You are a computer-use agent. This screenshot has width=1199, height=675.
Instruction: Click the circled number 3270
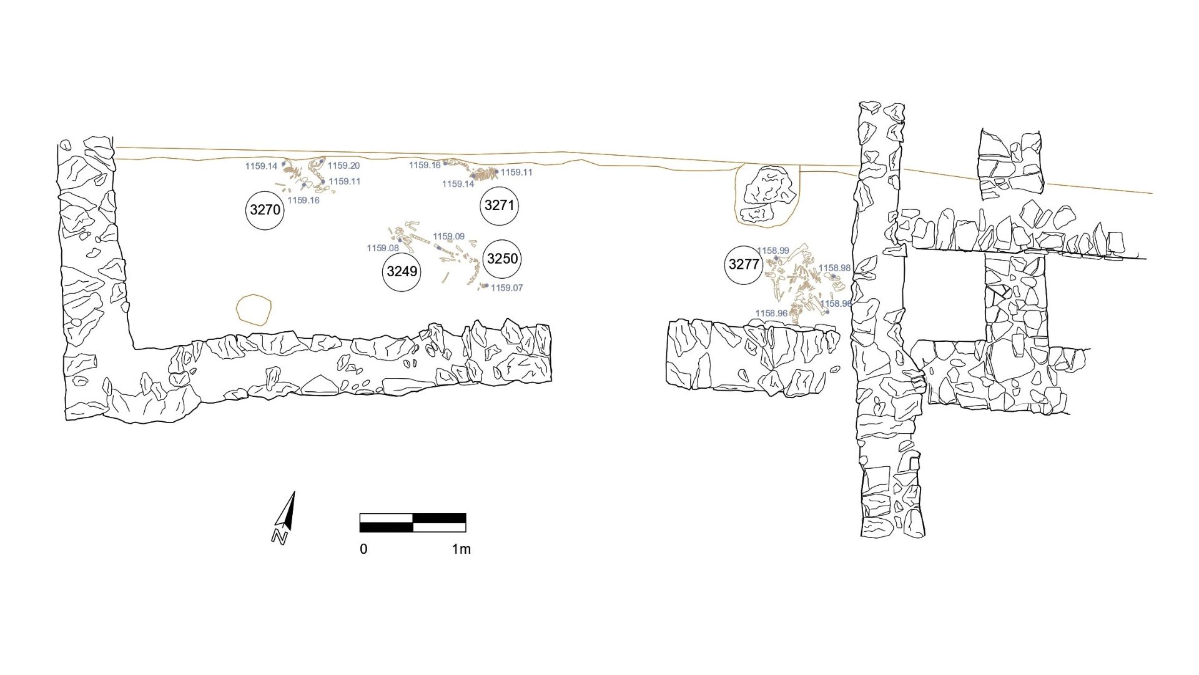pos(265,210)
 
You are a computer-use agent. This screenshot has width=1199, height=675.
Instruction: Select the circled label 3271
pos(500,205)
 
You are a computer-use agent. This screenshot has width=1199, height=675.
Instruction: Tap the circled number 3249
pos(402,272)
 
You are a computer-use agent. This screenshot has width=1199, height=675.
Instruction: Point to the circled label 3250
pos(503,259)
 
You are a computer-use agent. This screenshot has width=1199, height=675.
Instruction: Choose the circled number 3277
pos(744,264)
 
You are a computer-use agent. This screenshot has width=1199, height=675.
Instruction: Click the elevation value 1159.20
pos(343,166)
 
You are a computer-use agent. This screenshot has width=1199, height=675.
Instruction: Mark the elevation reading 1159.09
pos(449,236)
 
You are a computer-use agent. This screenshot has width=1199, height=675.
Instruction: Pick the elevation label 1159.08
pos(383,248)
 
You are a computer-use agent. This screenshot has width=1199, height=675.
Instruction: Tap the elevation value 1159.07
pos(507,288)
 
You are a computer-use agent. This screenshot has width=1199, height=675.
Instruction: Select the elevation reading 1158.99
pos(773,251)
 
